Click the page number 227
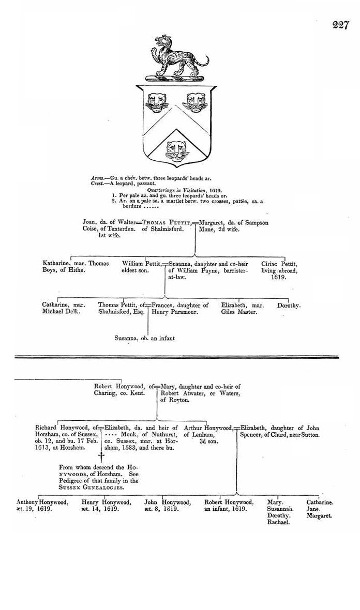pos(340,25)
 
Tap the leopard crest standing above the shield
pos(176,57)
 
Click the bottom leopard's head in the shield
pos(176,150)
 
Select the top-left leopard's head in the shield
pos(156,102)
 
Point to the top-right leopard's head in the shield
pos(195,102)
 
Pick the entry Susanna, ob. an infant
pos(145,339)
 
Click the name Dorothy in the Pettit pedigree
pos(289,306)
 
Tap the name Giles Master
pos(239,312)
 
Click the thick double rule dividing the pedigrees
pos(176,357)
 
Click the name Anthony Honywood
pos(42,502)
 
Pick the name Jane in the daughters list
pos(313,509)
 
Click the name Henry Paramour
pos(175,312)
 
